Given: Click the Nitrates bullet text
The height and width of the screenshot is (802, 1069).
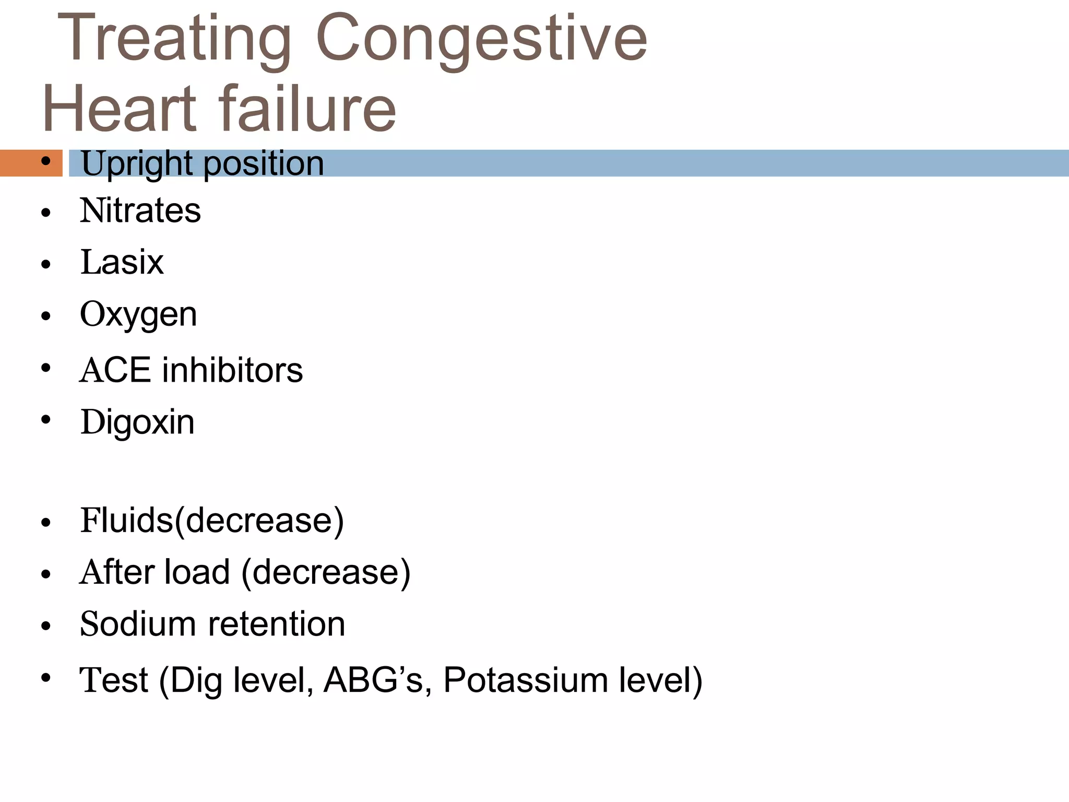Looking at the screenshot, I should point(140,210).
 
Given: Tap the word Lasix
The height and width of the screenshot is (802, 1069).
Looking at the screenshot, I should point(122,262).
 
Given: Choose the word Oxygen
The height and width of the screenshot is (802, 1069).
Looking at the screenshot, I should point(138,315).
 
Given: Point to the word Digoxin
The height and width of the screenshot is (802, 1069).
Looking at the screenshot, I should point(137,422).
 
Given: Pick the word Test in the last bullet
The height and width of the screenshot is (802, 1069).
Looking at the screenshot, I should point(114,680).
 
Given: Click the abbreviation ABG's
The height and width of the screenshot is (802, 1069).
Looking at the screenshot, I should point(373,680).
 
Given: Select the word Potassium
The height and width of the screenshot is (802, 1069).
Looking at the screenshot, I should point(525,680).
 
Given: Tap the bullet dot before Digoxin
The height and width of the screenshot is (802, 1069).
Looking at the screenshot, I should point(46,419).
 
